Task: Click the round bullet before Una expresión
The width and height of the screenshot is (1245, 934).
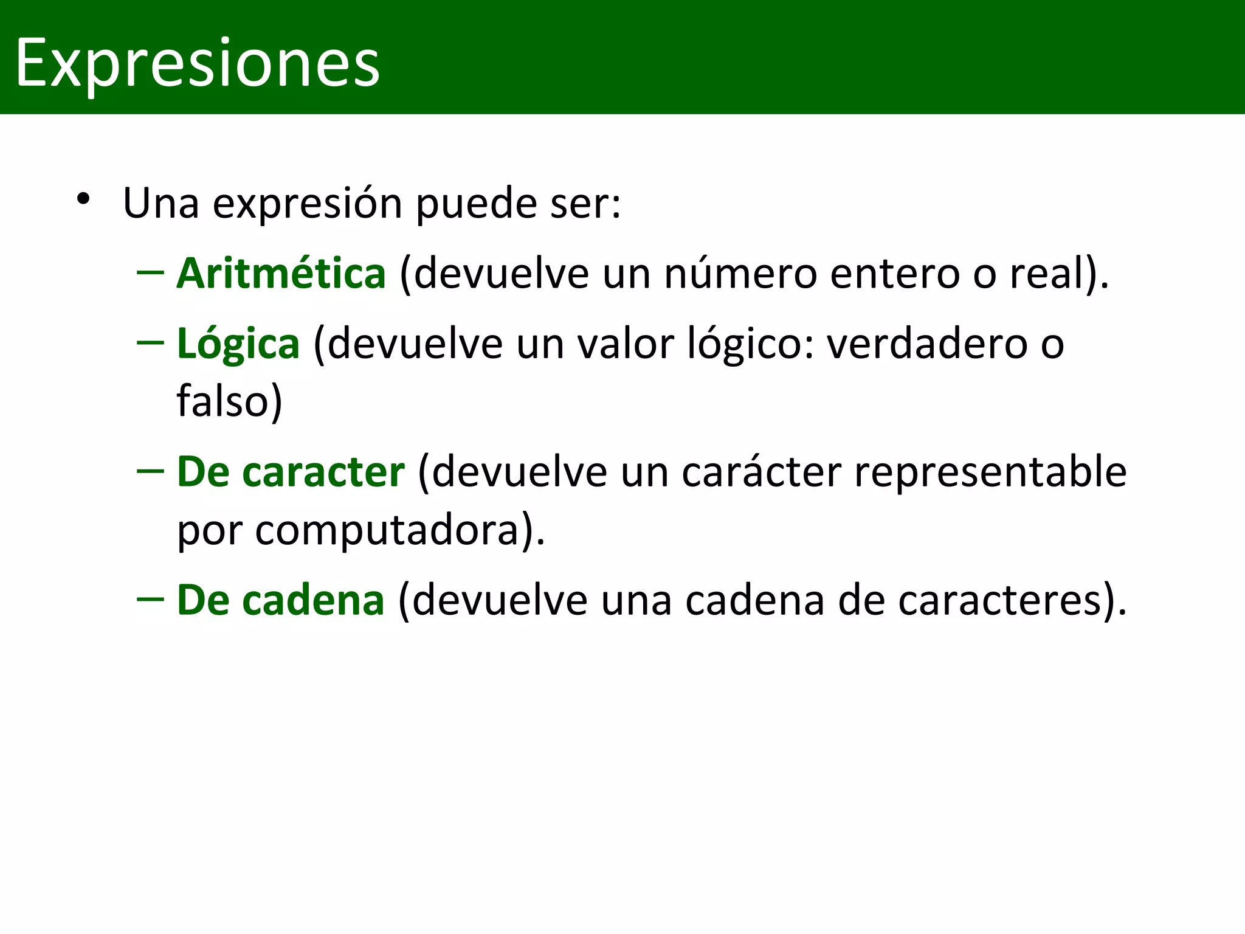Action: (84, 199)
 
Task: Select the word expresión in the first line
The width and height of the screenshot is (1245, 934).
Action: (308, 204)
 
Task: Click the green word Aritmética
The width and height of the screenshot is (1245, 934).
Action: (281, 274)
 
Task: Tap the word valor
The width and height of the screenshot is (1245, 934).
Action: (626, 344)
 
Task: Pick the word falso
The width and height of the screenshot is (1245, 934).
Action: (222, 402)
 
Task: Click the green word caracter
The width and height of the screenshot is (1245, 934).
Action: (323, 472)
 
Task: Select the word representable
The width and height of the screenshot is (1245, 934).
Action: (990, 472)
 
